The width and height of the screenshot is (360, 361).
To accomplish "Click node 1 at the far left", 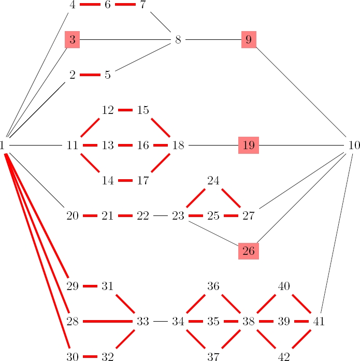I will (x=3, y=146).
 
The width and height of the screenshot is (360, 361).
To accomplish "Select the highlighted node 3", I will (x=73, y=40).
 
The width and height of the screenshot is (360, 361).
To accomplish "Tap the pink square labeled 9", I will (x=249, y=40).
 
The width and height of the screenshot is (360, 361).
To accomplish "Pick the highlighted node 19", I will (x=249, y=146).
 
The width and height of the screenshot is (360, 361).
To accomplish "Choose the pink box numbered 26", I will (x=249, y=251).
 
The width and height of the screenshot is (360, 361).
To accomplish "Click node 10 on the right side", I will (x=354, y=146).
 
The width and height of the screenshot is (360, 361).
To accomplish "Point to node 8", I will (x=178, y=40).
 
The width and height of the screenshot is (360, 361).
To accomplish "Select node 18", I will (x=178, y=146).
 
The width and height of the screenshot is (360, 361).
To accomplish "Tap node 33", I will (x=143, y=322).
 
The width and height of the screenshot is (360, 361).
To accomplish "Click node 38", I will (x=249, y=322).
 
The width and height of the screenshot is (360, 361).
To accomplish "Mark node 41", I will (x=319, y=322).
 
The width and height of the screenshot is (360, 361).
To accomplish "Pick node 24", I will (x=213, y=181).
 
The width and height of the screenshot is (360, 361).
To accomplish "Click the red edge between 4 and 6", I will (x=90, y=5).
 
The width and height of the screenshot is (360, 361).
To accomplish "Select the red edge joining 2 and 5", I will (x=90, y=75).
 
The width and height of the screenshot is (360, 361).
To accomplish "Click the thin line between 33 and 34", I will (x=161, y=322).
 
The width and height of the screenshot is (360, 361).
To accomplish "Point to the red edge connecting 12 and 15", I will (x=125, y=110).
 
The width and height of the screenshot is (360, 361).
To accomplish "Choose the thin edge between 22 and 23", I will (x=161, y=216).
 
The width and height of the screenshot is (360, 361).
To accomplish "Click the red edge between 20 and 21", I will (x=90, y=216).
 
